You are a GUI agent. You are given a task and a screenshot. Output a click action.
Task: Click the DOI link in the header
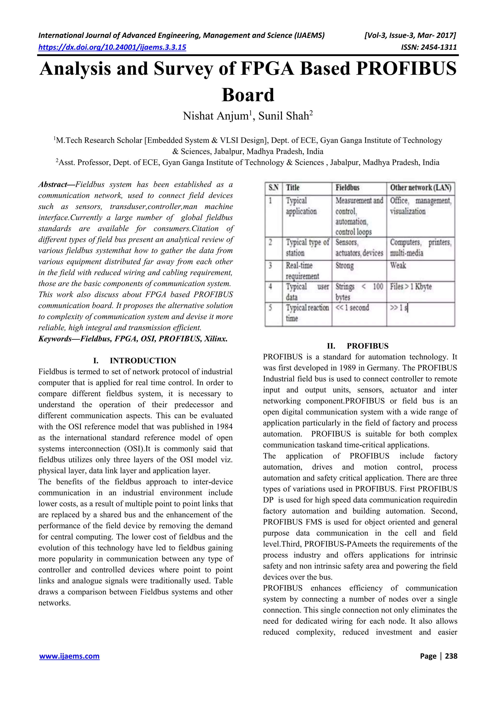(x=112, y=47)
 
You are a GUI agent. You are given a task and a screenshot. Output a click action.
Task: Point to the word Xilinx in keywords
(x=216, y=339)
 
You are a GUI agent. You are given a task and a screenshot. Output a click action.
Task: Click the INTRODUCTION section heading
(x=143, y=361)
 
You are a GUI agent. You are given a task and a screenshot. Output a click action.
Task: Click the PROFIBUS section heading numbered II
(x=367, y=346)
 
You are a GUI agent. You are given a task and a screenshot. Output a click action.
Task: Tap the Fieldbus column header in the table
(x=348, y=188)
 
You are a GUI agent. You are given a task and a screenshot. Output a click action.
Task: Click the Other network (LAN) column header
(x=420, y=188)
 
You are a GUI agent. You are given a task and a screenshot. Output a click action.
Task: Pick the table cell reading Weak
(x=398, y=266)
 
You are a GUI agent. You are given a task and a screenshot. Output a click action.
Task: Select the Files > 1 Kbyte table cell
(x=411, y=287)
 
